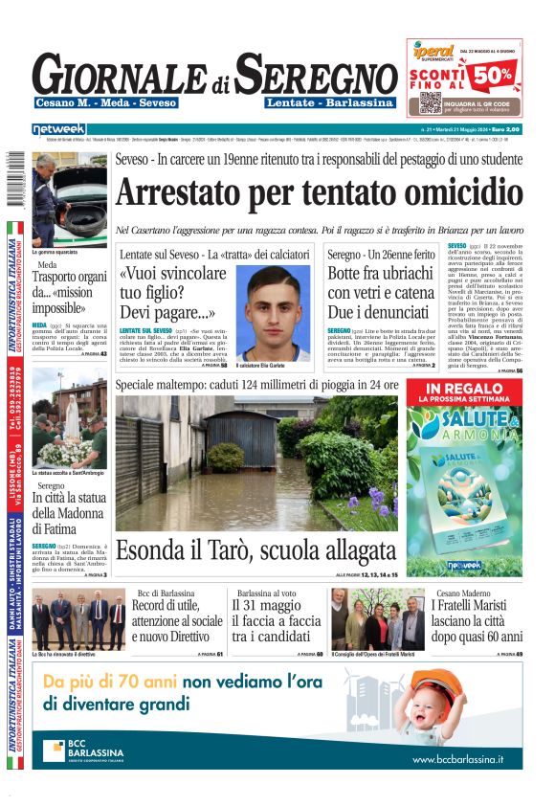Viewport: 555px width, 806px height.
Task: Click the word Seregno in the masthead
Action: click(x=303, y=75)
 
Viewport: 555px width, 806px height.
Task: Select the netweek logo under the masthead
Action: click(x=58, y=129)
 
